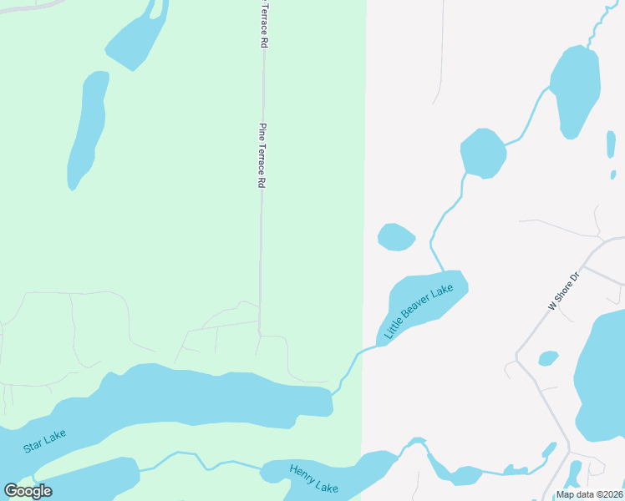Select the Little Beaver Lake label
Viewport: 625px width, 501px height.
point(419,311)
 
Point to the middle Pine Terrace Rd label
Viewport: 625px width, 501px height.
point(262,155)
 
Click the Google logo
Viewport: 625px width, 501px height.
point(28,491)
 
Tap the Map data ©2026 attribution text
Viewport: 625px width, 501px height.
point(589,494)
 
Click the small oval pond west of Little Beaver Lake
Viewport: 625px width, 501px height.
point(396,237)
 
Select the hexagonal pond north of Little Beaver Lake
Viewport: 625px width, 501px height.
point(483,154)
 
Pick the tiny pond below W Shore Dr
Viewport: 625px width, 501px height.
point(548,358)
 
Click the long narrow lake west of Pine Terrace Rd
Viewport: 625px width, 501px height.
point(88,129)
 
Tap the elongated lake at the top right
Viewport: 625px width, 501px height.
point(576,90)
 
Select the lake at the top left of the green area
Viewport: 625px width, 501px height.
point(136,38)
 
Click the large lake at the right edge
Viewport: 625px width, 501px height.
point(603,376)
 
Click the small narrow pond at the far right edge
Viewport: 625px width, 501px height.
point(611,144)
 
